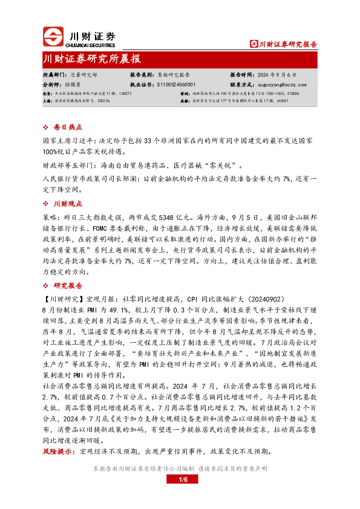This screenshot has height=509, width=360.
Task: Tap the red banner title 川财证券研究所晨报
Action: coord(93,59)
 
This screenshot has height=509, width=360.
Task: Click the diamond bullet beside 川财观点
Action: coord(48,204)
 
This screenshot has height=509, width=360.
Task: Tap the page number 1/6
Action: coord(184,480)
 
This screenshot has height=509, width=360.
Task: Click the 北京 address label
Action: coord(47,94)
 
